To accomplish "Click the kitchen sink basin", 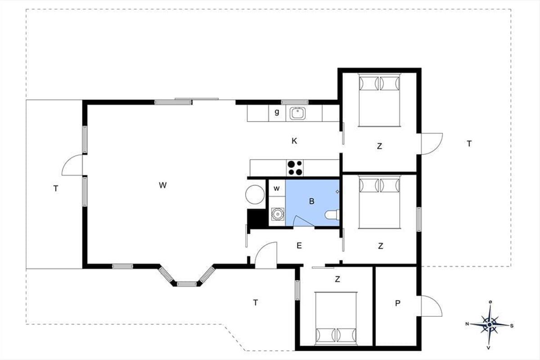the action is [x=298, y=113].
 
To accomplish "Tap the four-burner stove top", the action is [x=295, y=168].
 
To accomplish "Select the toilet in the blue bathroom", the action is [x=332, y=215].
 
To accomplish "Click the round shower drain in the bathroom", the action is [x=278, y=214].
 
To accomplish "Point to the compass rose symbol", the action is [x=490, y=325].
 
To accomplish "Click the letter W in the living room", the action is [x=163, y=185].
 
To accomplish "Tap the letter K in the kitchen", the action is [x=294, y=141].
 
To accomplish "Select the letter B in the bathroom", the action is [x=312, y=201].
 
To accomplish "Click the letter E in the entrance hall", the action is [x=299, y=245].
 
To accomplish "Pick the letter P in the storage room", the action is [x=398, y=303].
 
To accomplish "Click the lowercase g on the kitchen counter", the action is [x=277, y=112].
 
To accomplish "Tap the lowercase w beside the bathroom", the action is [x=276, y=188].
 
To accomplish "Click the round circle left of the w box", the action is [x=255, y=194].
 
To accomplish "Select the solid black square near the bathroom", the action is [x=257, y=218].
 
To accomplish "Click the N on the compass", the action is [x=467, y=324].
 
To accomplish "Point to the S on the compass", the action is [x=512, y=326].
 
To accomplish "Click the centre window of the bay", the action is [x=187, y=284].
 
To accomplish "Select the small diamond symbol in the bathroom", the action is [x=337, y=191].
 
